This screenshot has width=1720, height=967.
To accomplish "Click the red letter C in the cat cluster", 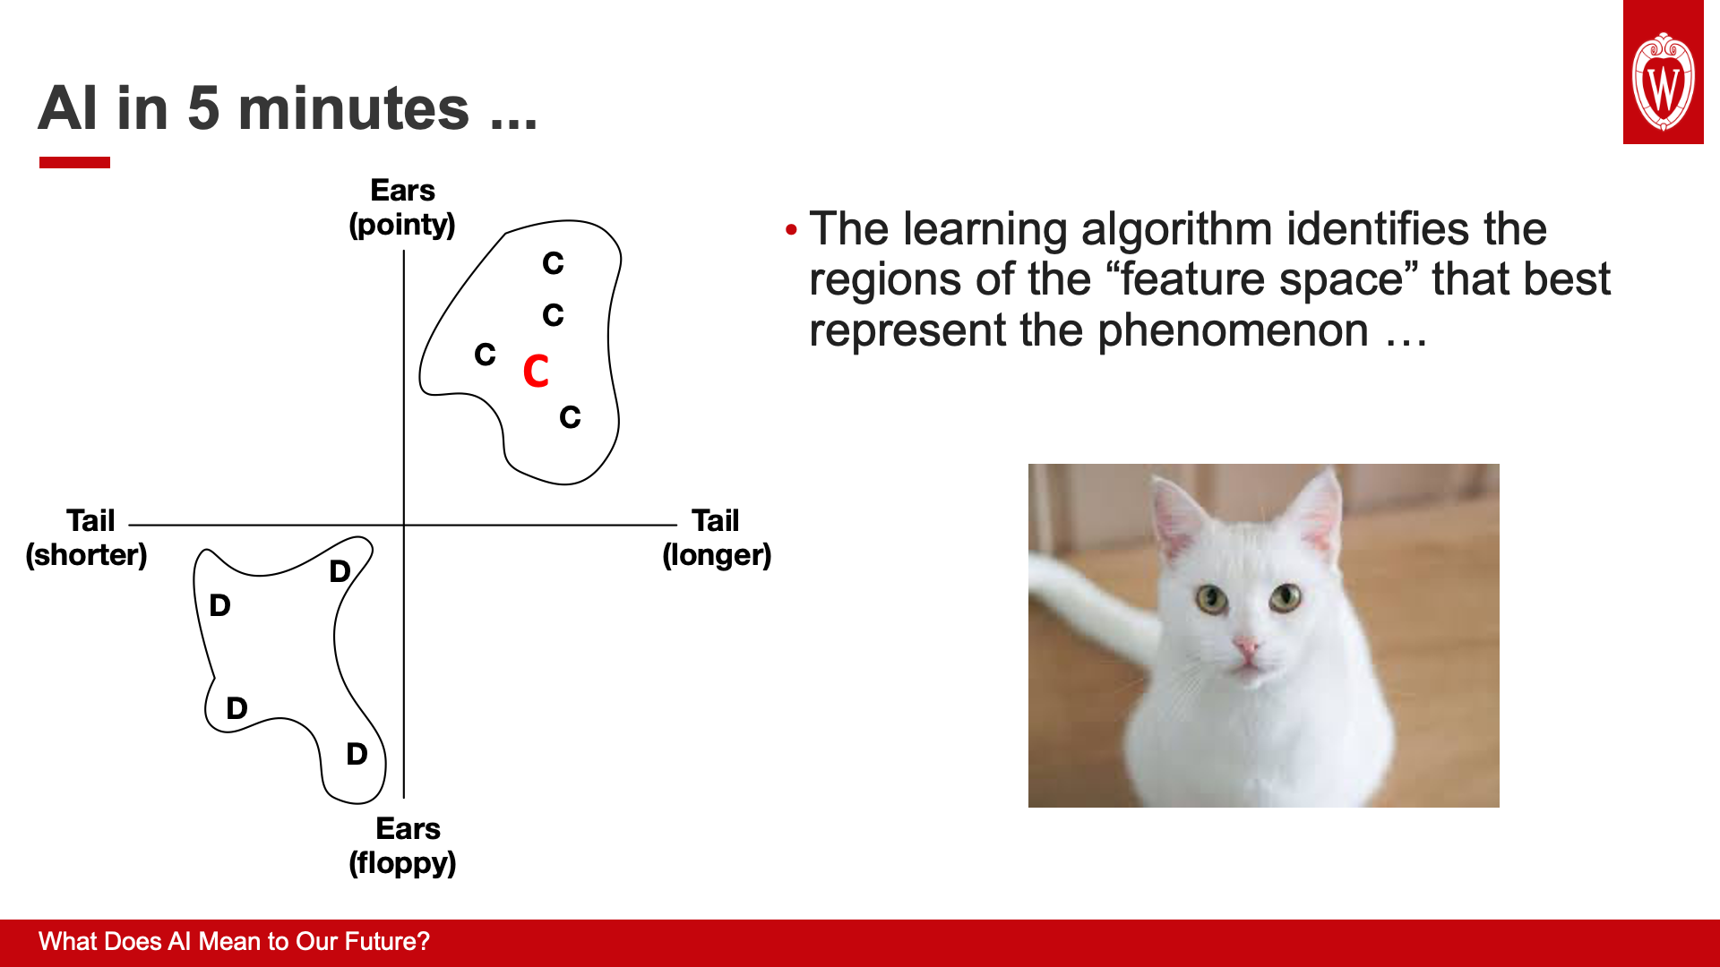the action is [x=536, y=371].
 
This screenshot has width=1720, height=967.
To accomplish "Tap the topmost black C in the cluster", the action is [x=553, y=263].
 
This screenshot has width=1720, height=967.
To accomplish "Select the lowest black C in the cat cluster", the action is [x=570, y=417].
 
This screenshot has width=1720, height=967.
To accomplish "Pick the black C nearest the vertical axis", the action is [x=485, y=355].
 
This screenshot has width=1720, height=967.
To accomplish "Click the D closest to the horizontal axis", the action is [x=340, y=571].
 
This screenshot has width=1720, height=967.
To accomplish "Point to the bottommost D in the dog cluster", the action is [x=357, y=754].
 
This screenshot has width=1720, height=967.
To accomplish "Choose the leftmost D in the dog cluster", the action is [x=219, y=605].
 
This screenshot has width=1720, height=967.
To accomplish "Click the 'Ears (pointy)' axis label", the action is [x=402, y=208].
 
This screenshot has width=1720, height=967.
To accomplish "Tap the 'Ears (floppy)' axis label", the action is [x=403, y=846].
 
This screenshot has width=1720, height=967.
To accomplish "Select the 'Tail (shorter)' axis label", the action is [x=87, y=537].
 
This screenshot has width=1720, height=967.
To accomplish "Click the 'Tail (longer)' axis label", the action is [x=717, y=537].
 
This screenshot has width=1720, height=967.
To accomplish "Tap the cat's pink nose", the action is [x=1246, y=646].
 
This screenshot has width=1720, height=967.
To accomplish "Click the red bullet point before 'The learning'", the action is [x=791, y=231].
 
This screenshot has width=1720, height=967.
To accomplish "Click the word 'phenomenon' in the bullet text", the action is [x=1234, y=330].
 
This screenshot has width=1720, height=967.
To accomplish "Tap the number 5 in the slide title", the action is [x=203, y=108].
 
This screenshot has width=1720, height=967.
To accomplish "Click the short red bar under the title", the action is [x=74, y=162].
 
